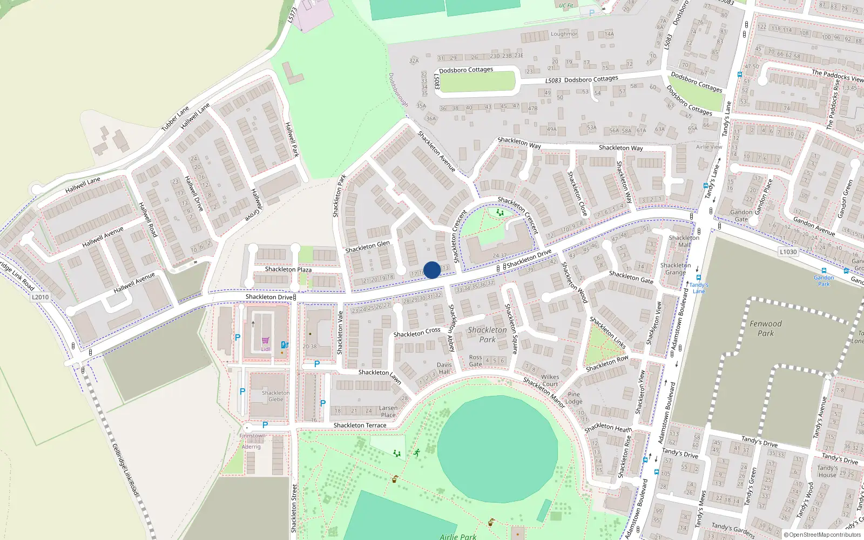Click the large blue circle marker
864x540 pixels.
click(x=432, y=270)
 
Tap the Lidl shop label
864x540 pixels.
click(x=266, y=349)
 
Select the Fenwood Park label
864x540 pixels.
click(x=766, y=328)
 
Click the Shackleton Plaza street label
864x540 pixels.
click(x=288, y=269)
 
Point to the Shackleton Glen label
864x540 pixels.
click(x=367, y=247)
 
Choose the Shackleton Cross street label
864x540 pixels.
click(x=417, y=333)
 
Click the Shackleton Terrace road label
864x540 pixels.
click(x=360, y=426)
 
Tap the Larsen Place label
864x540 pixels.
click(x=388, y=411)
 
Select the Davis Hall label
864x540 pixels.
click(x=444, y=368)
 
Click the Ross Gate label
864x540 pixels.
click(x=475, y=361)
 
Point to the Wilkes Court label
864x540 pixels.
click(x=550, y=381)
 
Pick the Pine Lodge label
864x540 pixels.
click(x=573, y=398)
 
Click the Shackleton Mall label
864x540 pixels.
click(x=684, y=241)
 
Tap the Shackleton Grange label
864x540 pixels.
click(x=676, y=269)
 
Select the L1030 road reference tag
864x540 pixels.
click(x=788, y=252)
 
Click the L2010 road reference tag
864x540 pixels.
click(x=40, y=297)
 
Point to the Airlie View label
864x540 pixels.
click(x=709, y=147)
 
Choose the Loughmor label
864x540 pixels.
click(x=564, y=34)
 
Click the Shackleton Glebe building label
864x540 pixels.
click(x=276, y=396)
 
